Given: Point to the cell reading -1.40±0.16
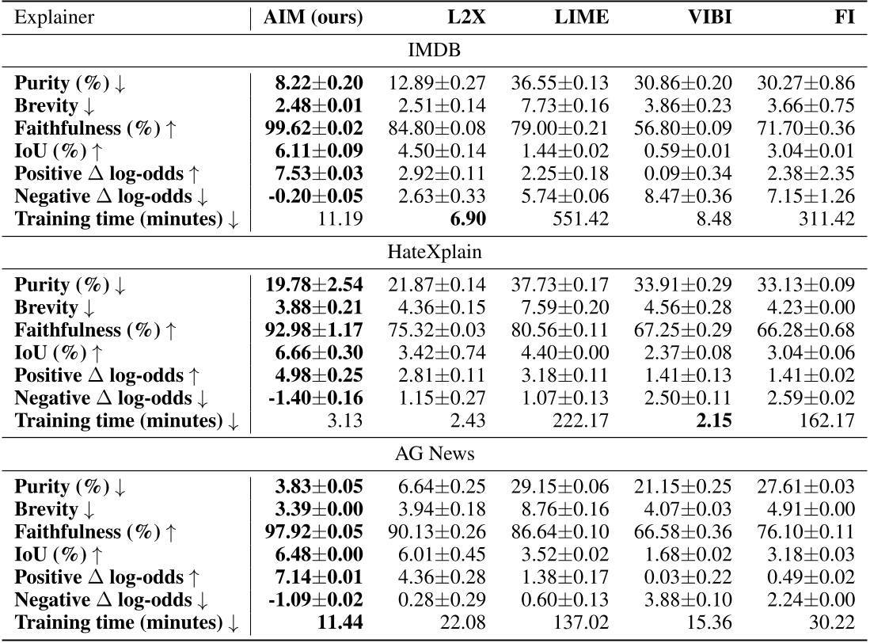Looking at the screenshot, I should click(x=314, y=398).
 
